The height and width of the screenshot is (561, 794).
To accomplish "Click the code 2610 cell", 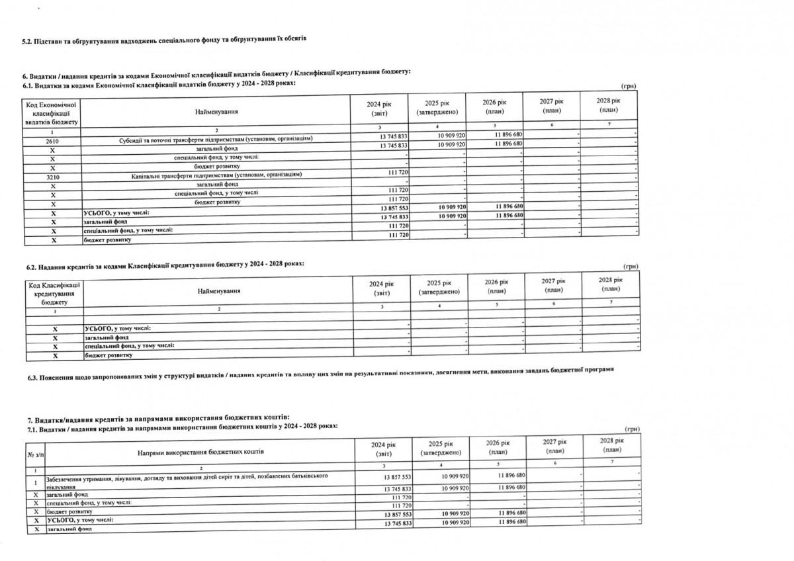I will point(52,142).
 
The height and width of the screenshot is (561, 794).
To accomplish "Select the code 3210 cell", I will point(52,175).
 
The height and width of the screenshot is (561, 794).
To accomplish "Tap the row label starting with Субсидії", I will point(212,138).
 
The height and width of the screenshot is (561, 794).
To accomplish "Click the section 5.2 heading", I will point(165,42).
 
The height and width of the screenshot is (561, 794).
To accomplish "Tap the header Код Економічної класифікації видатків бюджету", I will point(52,113).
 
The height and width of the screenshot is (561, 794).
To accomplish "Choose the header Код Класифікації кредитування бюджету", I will point(54,292).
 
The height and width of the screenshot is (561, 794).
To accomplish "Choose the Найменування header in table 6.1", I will point(216,112).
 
